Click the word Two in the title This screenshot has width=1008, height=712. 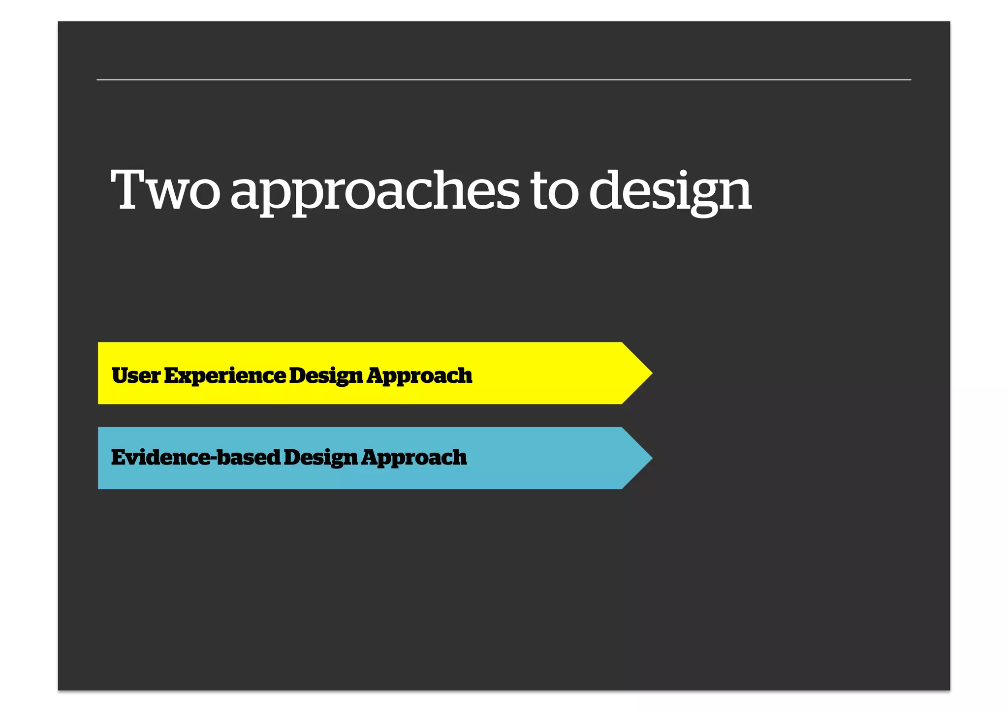point(165,191)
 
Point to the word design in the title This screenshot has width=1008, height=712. point(670,192)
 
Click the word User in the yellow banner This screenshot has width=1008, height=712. point(136,375)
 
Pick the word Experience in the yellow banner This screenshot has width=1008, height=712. point(225,375)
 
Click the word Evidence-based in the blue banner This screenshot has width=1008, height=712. point(195,457)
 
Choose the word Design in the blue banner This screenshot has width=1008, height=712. point(320,458)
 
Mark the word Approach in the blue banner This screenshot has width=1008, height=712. point(414,458)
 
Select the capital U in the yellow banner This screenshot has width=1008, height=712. point(121,375)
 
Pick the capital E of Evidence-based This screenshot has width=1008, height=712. point(120,457)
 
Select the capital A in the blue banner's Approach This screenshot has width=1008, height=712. point(372,457)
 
